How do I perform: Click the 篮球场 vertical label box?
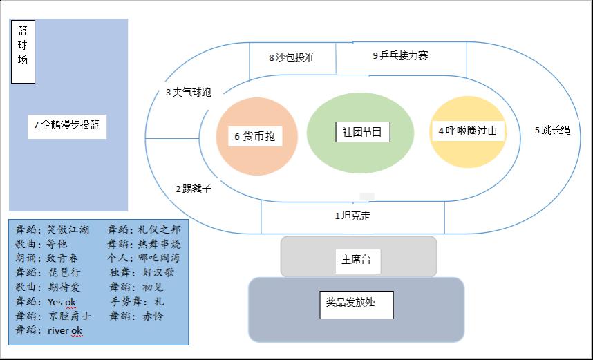pyautogui.click(x=23, y=52)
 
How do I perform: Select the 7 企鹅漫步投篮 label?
pyautogui.click(x=68, y=126)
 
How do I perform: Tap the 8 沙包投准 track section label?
pyautogui.click(x=292, y=58)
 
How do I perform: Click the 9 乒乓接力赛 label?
pyautogui.click(x=400, y=55)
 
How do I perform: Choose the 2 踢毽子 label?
pyautogui.click(x=193, y=189)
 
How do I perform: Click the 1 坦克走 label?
pyautogui.click(x=352, y=216)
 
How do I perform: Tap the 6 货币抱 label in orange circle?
pyautogui.click(x=255, y=136)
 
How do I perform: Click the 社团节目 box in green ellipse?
pyautogui.click(x=362, y=131)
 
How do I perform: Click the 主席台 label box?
pyautogui.click(x=357, y=259)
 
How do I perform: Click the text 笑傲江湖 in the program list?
pyautogui.click(x=68, y=230)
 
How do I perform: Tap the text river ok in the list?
pyautogui.click(x=65, y=331)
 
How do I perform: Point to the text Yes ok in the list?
pyautogui.click(x=62, y=302)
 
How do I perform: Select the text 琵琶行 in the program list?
pyautogui.click(x=63, y=273)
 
